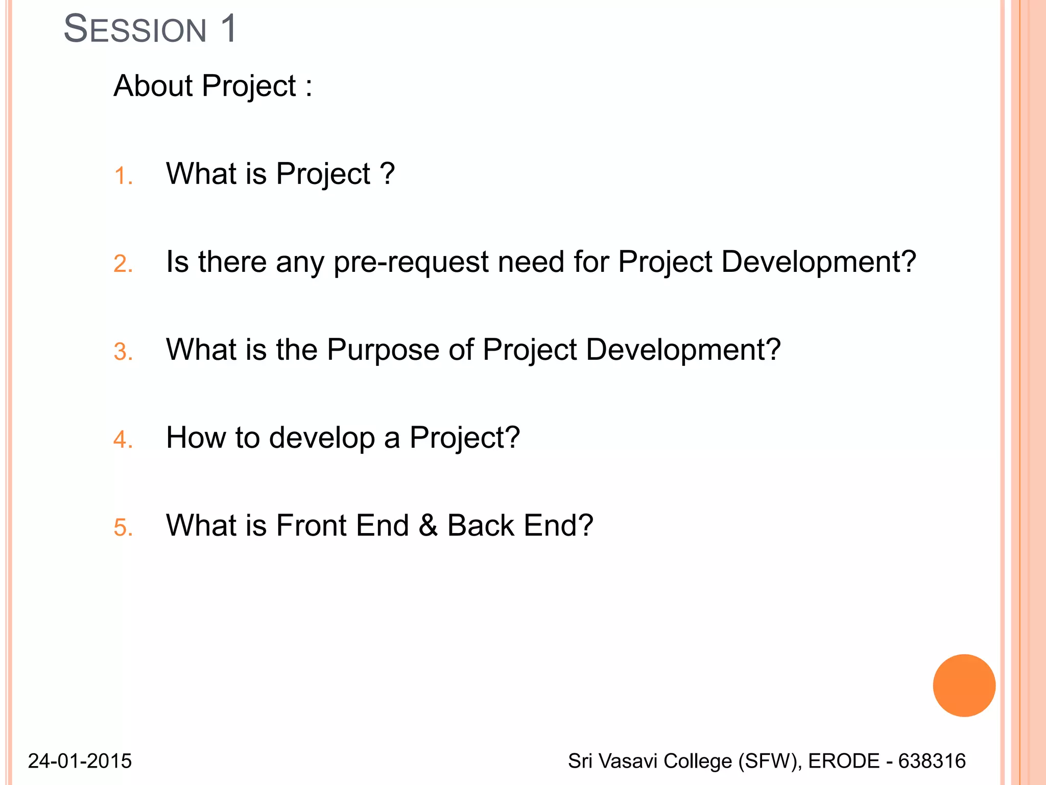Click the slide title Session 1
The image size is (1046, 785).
pyautogui.click(x=150, y=29)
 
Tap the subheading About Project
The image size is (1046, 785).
pyautogui.click(x=212, y=85)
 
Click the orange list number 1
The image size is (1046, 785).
pyautogui.click(x=123, y=176)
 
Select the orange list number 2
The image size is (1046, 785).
pyautogui.click(x=123, y=264)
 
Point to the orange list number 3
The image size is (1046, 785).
pyautogui.click(x=123, y=352)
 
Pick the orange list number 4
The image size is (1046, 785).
pyautogui.click(x=123, y=440)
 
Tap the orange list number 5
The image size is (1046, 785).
pyautogui.click(x=123, y=527)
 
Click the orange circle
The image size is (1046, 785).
pyautogui.click(x=964, y=685)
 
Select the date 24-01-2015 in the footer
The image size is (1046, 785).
pyautogui.click(x=80, y=761)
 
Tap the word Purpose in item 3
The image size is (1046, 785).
pyautogui.click(x=383, y=351)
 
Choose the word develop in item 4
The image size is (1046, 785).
pyautogui.click(x=322, y=438)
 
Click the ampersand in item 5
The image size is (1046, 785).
pyautogui.click(x=428, y=525)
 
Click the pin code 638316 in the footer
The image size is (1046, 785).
pyautogui.click(x=932, y=761)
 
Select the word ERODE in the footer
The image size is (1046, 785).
pyautogui.click(x=844, y=761)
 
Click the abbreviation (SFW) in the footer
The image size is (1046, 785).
pyautogui.click(x=768, y=761)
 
